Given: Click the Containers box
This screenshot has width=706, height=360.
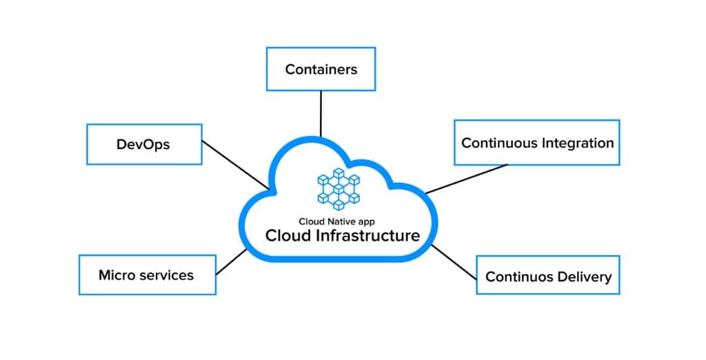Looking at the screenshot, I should pos(321,69).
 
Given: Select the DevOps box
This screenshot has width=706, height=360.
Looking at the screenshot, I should pos(144,144).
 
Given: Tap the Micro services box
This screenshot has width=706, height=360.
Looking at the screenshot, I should pos(147,275).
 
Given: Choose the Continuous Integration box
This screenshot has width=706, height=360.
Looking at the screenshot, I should pos(536,143).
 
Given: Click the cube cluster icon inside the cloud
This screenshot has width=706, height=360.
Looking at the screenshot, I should pos(339,188).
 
